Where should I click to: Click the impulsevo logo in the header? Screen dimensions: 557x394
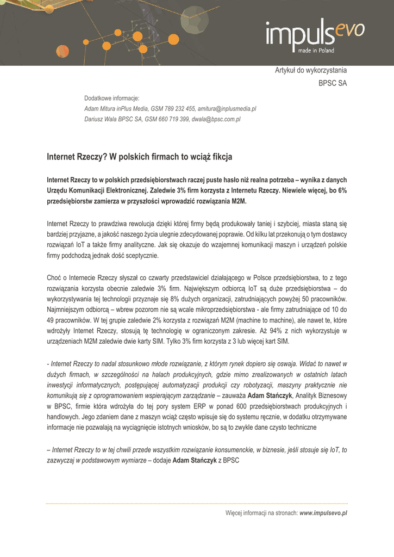point(315,34)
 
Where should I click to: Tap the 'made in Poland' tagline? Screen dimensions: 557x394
point(316,51)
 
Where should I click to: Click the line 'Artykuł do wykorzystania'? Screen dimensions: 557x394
point(310,70)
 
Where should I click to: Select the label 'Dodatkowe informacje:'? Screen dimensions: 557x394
point(111,98)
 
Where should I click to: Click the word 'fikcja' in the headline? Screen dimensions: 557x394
point(220,157)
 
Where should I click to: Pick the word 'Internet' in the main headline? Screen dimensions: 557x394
point(62,157)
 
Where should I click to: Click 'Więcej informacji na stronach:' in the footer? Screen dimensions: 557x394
point(261,513)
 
